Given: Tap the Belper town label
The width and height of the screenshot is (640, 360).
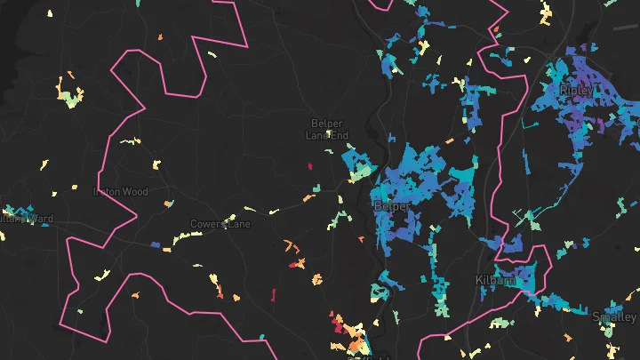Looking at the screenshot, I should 391,206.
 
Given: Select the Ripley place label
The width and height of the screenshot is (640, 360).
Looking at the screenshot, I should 577,91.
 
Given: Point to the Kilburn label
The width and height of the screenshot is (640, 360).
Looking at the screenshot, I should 496,280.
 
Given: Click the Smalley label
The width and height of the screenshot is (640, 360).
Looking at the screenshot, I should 614,317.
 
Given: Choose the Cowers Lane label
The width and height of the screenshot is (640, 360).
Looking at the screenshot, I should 220,225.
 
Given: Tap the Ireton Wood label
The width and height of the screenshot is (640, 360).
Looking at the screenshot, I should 122,191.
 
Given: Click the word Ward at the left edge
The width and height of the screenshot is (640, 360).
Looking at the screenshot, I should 40,219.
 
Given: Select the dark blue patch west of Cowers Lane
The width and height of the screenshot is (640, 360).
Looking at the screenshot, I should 156,244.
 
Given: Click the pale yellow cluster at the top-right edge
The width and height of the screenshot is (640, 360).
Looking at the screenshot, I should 544,12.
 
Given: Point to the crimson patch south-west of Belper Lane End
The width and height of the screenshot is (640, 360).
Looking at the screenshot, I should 310,166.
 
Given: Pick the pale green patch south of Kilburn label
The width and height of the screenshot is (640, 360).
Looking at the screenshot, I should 500,321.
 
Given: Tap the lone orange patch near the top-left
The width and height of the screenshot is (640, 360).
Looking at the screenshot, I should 160,37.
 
